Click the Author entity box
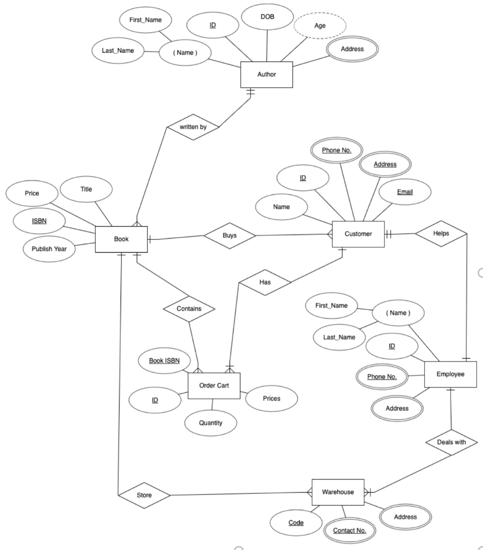pyautogui.click(x=266, y=75)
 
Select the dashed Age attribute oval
pyautogui.click(x=320, y=25)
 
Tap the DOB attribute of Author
pyautogui.click(x=267, y=17)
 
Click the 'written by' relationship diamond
pyautogui.click(x=193, y=127)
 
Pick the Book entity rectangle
pyautogui.click(x=121, y=239)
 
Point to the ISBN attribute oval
pyautogui.click(x=39, y=220)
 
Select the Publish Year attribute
pyautogui.click(x=49, y=249)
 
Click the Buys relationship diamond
pyautogui.click(x=230, y=236)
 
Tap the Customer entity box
pyautogui.click(x=358, y=234)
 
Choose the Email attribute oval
pyautogui.click(x=404, y=192)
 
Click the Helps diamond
pyautogui.click(x=441, y=233)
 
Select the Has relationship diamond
pyautogui.click(x=265, y=282)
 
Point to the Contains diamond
pyautogui.click(x=189, y=308)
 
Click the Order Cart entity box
pyautogui.click(x=214, y=385)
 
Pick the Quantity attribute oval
pyautogui.click(x=211, y=423)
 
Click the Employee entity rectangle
pyautogui.click(x=450, y=374)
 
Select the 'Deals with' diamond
pyautogui.click(x=452, y=442)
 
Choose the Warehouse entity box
pyautogui.click(x=338, y=492)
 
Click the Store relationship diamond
pyautogui.click(x=144, y=495)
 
